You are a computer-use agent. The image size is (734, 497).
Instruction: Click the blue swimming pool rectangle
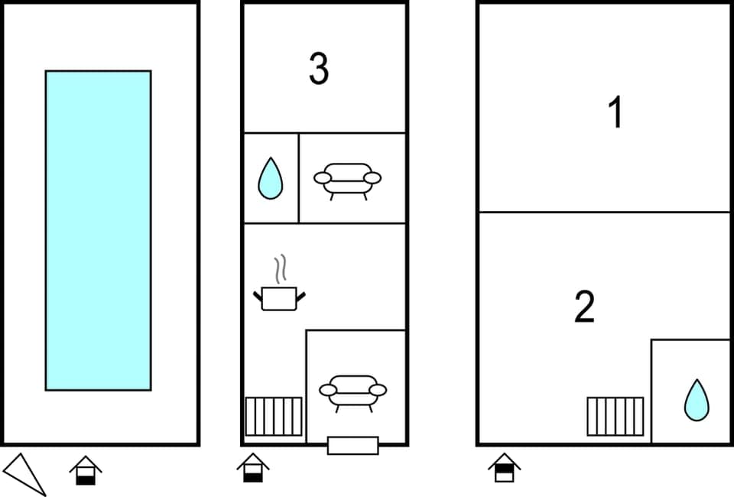[x=98, y=229]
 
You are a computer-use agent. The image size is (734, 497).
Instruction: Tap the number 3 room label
[x=319, y=69]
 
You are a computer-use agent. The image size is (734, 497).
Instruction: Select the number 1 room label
[x=615, y=113]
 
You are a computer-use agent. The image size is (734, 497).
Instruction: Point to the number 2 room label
[x=584, y=307]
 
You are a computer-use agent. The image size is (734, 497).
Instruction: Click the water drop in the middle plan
[x=270, y=179]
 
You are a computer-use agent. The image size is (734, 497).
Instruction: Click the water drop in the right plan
[x=696, y=400]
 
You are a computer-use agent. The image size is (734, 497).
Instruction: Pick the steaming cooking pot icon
[x=278, y=297]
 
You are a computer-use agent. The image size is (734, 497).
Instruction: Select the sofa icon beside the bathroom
[x=347, y=180]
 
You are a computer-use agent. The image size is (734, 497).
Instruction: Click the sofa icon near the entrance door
[x=352, y=391]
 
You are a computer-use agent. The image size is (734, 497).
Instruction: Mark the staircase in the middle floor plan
[x=273, y=417]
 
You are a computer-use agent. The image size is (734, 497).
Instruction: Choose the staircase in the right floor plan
[x=615, y=417]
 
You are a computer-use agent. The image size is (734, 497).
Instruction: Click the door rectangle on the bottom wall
[x=352, y=445]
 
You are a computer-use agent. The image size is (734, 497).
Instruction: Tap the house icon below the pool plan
[x=86, y=469]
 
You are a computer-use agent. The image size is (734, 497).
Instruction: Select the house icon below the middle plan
[x=252, y=467]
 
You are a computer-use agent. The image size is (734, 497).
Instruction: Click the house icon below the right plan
[x=504, y=467]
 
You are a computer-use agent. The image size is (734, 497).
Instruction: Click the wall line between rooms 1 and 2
[x=604, y=212]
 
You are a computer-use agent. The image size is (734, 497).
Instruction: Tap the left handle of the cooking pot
[x=258, y=294]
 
